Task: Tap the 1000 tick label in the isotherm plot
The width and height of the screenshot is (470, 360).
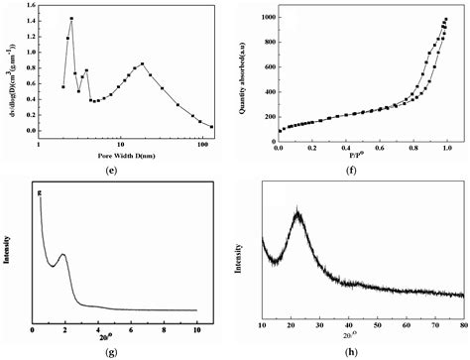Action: (263, 17)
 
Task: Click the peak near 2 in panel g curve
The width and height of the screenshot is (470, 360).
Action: (62, 255)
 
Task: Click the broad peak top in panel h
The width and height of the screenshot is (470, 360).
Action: (297, 211)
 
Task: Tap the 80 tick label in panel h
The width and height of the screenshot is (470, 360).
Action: (464, 323)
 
